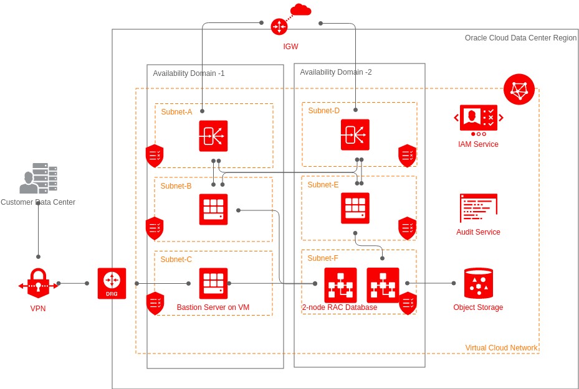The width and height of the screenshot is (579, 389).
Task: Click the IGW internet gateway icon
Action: tap(279, 27)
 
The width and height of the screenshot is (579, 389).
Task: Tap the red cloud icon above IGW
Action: tap(300, 9)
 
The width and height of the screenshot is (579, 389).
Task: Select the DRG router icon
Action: tap(112, 283)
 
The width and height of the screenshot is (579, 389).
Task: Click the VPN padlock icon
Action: tap(38, 284)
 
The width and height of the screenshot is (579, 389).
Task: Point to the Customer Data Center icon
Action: tap(38, 179)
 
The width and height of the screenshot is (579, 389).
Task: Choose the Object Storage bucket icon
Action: tap(478, 284)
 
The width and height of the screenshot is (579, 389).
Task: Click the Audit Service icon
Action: tap(478, 208)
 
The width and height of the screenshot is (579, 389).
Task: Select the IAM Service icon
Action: tap(478, 118)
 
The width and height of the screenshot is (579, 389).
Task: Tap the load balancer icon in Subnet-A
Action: tap(213, 136)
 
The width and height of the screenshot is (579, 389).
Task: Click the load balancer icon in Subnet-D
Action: tap(355, 134)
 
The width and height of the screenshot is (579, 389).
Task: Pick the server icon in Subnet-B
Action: tap(213, 209)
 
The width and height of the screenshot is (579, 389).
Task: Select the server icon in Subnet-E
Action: tap(355, 208)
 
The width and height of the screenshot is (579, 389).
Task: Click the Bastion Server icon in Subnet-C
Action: tap(213, 283)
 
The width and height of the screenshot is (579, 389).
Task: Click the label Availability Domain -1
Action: tap(189, 73)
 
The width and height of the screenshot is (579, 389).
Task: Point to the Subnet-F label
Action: tap(323, 258)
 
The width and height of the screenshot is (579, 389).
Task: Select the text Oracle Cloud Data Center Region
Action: tap(520, 38)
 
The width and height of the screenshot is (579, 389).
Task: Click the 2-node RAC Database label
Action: tap(340, 307)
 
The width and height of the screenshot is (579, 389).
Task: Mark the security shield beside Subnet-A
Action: tap(155, 156)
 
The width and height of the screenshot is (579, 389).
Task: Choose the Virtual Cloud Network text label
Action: tap(501, 348)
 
